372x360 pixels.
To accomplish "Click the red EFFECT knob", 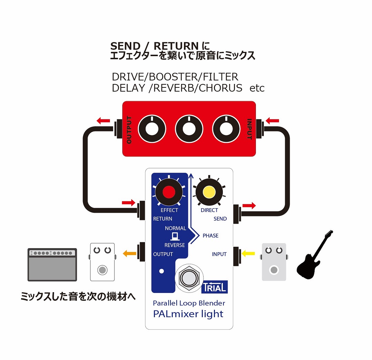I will pos(169,192).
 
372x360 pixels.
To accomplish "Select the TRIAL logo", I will pos(214,286).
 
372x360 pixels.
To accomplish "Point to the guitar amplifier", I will pos(52,265).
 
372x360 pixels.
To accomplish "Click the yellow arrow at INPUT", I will pos(248,254).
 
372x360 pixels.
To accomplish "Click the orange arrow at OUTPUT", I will pos(130,254).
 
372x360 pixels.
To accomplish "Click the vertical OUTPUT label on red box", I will pos(129,130).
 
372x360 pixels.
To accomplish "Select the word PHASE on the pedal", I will pos(210,236).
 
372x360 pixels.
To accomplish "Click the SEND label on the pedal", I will pos(220,219).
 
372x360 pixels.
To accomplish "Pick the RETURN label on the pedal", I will pos(163,219).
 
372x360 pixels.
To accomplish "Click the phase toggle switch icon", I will pos(175,236).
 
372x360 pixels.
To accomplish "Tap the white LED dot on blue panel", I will pos(161,271).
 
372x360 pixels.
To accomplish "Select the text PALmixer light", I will pos(188,314).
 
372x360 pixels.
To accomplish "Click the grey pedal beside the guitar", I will pos(274,262).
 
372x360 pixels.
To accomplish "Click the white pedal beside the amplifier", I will pos(102,262).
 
